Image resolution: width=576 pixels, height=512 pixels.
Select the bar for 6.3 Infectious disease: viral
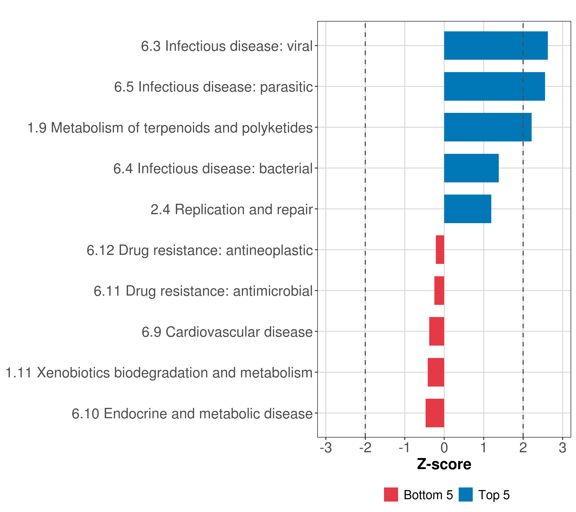point(496,46)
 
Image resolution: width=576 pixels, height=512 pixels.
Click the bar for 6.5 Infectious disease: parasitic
point(494,87)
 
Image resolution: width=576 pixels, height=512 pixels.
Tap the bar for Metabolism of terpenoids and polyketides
point(487,127)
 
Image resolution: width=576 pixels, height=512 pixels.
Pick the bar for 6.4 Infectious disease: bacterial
point(471,168)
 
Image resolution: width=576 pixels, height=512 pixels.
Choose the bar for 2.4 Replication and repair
point(467,209)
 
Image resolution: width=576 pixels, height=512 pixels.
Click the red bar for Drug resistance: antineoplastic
point(440,250)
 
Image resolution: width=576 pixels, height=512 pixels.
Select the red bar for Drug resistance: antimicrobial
point(439,291)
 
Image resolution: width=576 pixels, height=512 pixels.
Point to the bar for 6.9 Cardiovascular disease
point(436,331)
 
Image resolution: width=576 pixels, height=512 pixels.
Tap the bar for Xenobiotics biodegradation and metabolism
point(436,372)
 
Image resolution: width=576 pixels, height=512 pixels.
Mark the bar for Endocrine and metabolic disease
point(435,413)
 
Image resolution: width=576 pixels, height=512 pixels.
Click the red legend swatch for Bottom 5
point(391,495)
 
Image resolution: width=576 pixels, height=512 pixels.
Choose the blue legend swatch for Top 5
point(465,495)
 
